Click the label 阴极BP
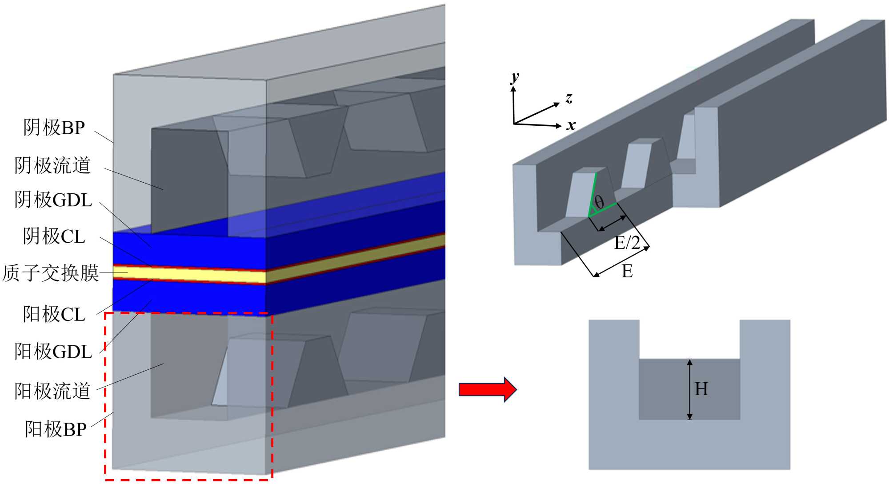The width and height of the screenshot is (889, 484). [54, 128]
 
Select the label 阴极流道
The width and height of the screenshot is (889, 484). [52, 165]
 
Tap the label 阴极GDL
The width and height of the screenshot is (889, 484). [53, 200]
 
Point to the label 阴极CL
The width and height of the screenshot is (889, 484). [54, 236]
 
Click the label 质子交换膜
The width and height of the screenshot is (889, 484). [50, 273]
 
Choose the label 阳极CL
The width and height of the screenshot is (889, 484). [54, 314]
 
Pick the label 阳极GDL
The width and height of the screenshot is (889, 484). [53, 351]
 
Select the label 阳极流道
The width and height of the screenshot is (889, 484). [52, 391]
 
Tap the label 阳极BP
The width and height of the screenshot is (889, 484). [56, 429]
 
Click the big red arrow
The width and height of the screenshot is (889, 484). [488, 389]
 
